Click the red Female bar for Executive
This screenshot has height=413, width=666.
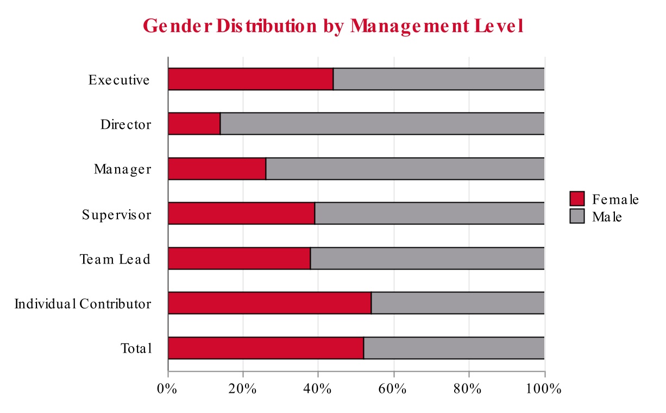pos(250,79)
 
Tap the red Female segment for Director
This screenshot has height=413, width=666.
pos(194,124)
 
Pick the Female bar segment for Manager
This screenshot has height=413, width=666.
pos(217,168)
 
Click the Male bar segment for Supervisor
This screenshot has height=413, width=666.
pos(429,213)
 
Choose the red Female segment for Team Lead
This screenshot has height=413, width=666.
pos(239,258)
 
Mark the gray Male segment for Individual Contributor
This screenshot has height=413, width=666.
pos(457,303)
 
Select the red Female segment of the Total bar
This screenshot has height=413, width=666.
pos(266,348)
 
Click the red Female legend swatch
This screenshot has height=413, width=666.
pos(577,199)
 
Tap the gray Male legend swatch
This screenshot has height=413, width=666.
pos(577,216)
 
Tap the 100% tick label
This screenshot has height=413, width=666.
pos(543,389)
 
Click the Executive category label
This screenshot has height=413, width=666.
pos(119,80)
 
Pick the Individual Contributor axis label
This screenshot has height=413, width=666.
pos(83,303)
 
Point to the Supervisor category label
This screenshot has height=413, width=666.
pos(117,214)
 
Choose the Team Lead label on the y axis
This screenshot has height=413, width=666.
pos(115,259)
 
